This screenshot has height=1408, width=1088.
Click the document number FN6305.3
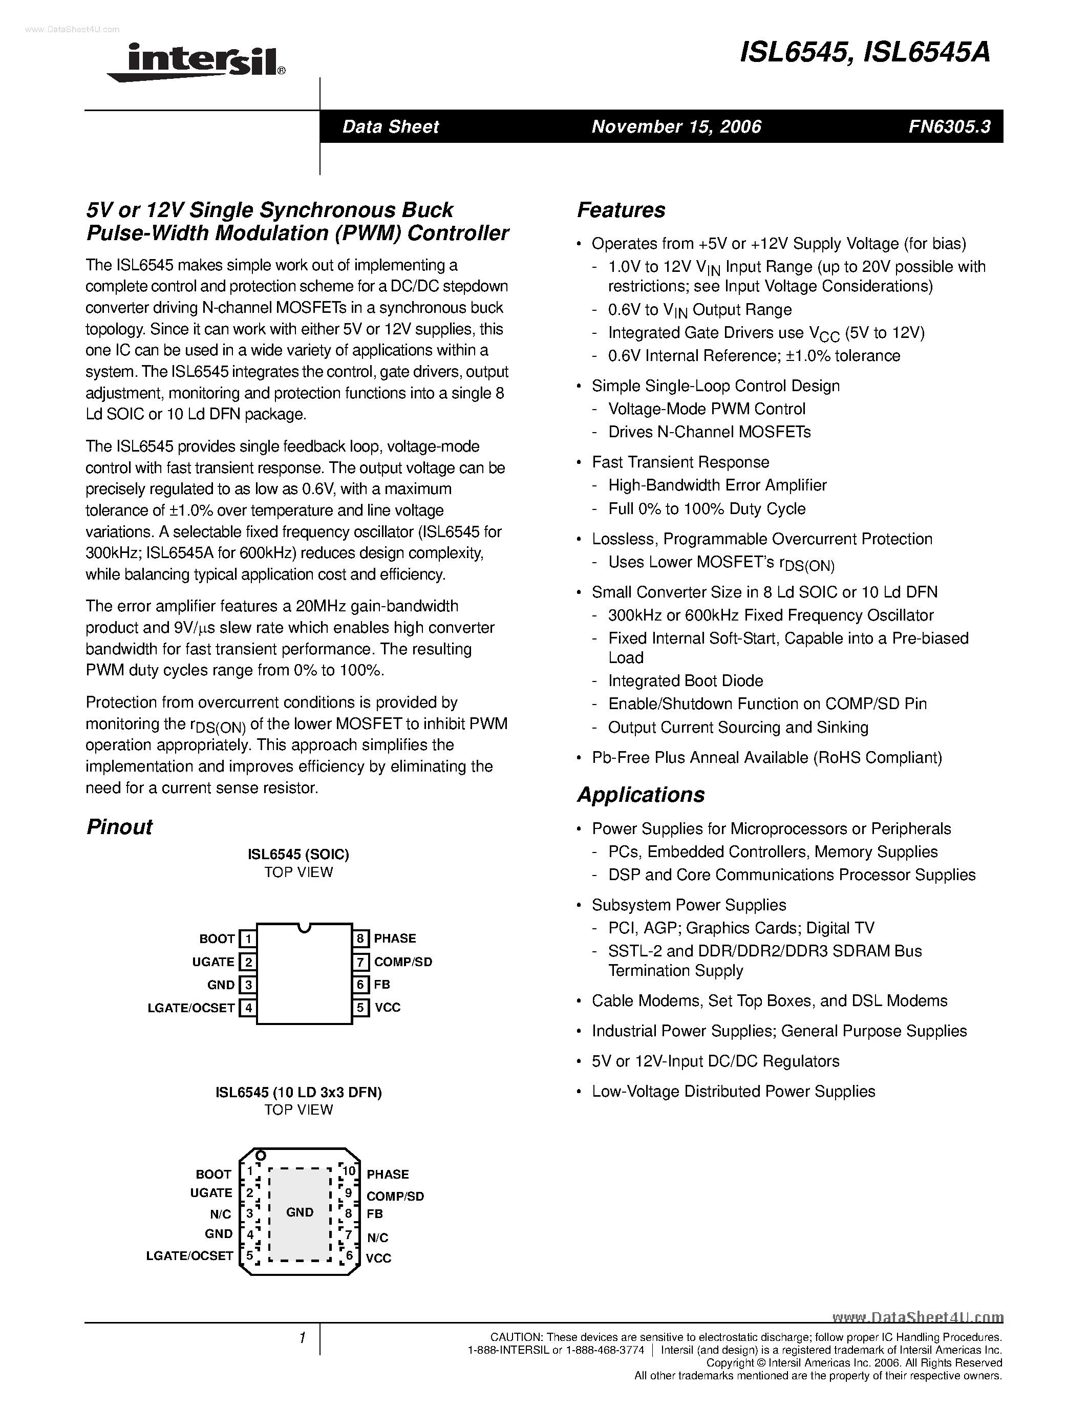tap(949, 127)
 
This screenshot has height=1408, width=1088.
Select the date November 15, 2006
tap(676, 127)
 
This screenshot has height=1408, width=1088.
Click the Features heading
tap(621, 210)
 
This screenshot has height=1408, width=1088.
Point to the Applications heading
tap(641, 795)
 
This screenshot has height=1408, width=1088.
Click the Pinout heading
tap(119, 827)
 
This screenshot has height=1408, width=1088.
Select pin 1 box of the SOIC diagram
tap(247, 938)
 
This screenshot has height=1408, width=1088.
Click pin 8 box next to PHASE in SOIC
tap(361, 938)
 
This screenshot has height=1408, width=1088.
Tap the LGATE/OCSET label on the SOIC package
tap(191, 1008)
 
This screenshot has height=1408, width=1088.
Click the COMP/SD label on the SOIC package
tap(403, 962)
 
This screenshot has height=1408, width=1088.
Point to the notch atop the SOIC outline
tap(304, 928)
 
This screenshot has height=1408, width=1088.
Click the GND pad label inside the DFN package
tap(300, 1212)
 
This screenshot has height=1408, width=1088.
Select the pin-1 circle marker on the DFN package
tap(261, 1155)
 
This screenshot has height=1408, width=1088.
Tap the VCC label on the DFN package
tap(378, 1258)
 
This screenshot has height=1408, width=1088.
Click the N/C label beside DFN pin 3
tap(221, 1214)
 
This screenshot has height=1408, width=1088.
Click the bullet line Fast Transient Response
tap(680, 462)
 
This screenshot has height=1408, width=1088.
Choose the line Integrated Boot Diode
tap(685, 681)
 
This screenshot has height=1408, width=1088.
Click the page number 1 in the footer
tap(302, 1338)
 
